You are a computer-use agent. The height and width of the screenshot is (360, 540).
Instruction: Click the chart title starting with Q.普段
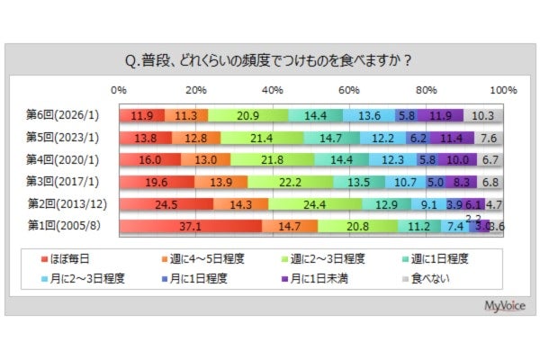click(x=270, y=61)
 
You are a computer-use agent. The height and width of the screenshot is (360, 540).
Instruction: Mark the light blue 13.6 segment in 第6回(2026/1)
click(x=368, y=115)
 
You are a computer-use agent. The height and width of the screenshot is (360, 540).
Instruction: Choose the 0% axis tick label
click(x=118, y=91)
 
